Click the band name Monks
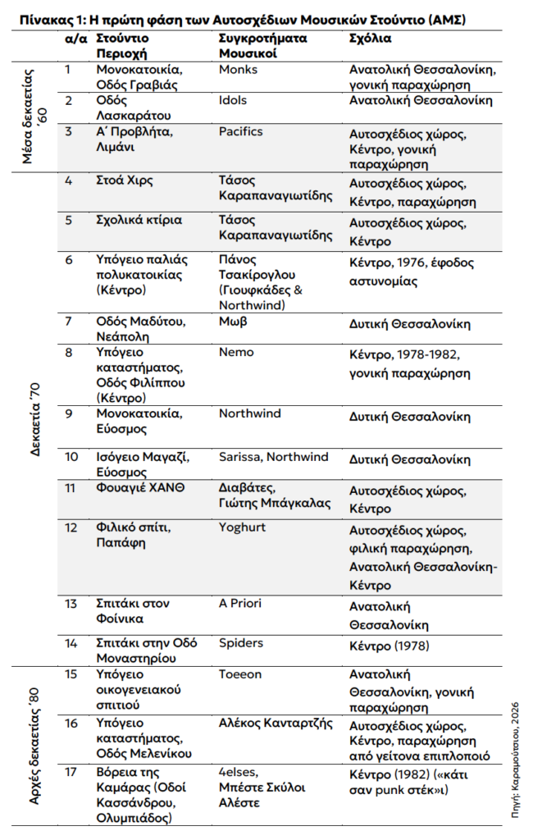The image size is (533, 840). coord(238,70)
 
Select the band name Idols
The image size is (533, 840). coord(233,100)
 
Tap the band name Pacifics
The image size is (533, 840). coord(240,130)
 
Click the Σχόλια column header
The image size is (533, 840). coord(370,39)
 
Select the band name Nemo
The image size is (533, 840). coord(236,352)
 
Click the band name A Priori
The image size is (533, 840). coord(239,603)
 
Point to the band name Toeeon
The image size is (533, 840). coord(239,674)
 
